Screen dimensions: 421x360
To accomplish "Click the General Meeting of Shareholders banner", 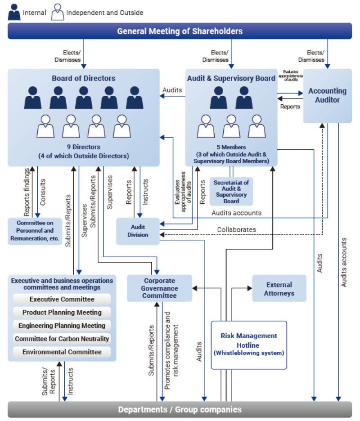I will [x=180, y=31].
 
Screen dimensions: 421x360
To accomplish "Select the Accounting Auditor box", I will [x=327, y=95].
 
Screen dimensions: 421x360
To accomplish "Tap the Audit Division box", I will [x=138, y=231].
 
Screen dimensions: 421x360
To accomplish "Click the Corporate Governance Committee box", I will [x=159, y=288].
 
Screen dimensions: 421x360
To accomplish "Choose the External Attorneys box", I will [x=279, y=289].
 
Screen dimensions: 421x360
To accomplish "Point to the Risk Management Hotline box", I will [x=249, y=345].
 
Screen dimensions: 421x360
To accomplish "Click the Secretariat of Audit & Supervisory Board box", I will [x=231, y=191].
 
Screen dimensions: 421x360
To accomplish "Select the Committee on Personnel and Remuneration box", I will [x=35, y=231].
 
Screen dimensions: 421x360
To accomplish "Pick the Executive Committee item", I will [x=62, y=299].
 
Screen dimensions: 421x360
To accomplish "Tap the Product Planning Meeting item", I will [x=62, y=312].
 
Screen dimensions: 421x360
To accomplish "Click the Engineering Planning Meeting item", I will [x=62, y=325].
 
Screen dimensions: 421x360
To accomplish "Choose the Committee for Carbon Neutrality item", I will [x=62, y=339].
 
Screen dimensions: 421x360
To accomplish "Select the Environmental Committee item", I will [x=62, y=352].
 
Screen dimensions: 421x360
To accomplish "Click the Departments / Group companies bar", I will [x=180, y=409].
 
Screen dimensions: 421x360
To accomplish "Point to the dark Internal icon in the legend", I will [x=14, y=12].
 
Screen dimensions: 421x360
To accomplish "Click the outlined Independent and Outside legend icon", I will [x=58, y=12].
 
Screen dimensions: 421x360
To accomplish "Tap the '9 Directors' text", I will [x=83, y=147].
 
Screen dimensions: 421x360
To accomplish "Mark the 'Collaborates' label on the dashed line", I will [x=236, y=229].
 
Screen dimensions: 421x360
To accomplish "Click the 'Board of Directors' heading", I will [x=83, y=78].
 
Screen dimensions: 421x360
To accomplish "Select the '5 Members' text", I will [x=231, y=147].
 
